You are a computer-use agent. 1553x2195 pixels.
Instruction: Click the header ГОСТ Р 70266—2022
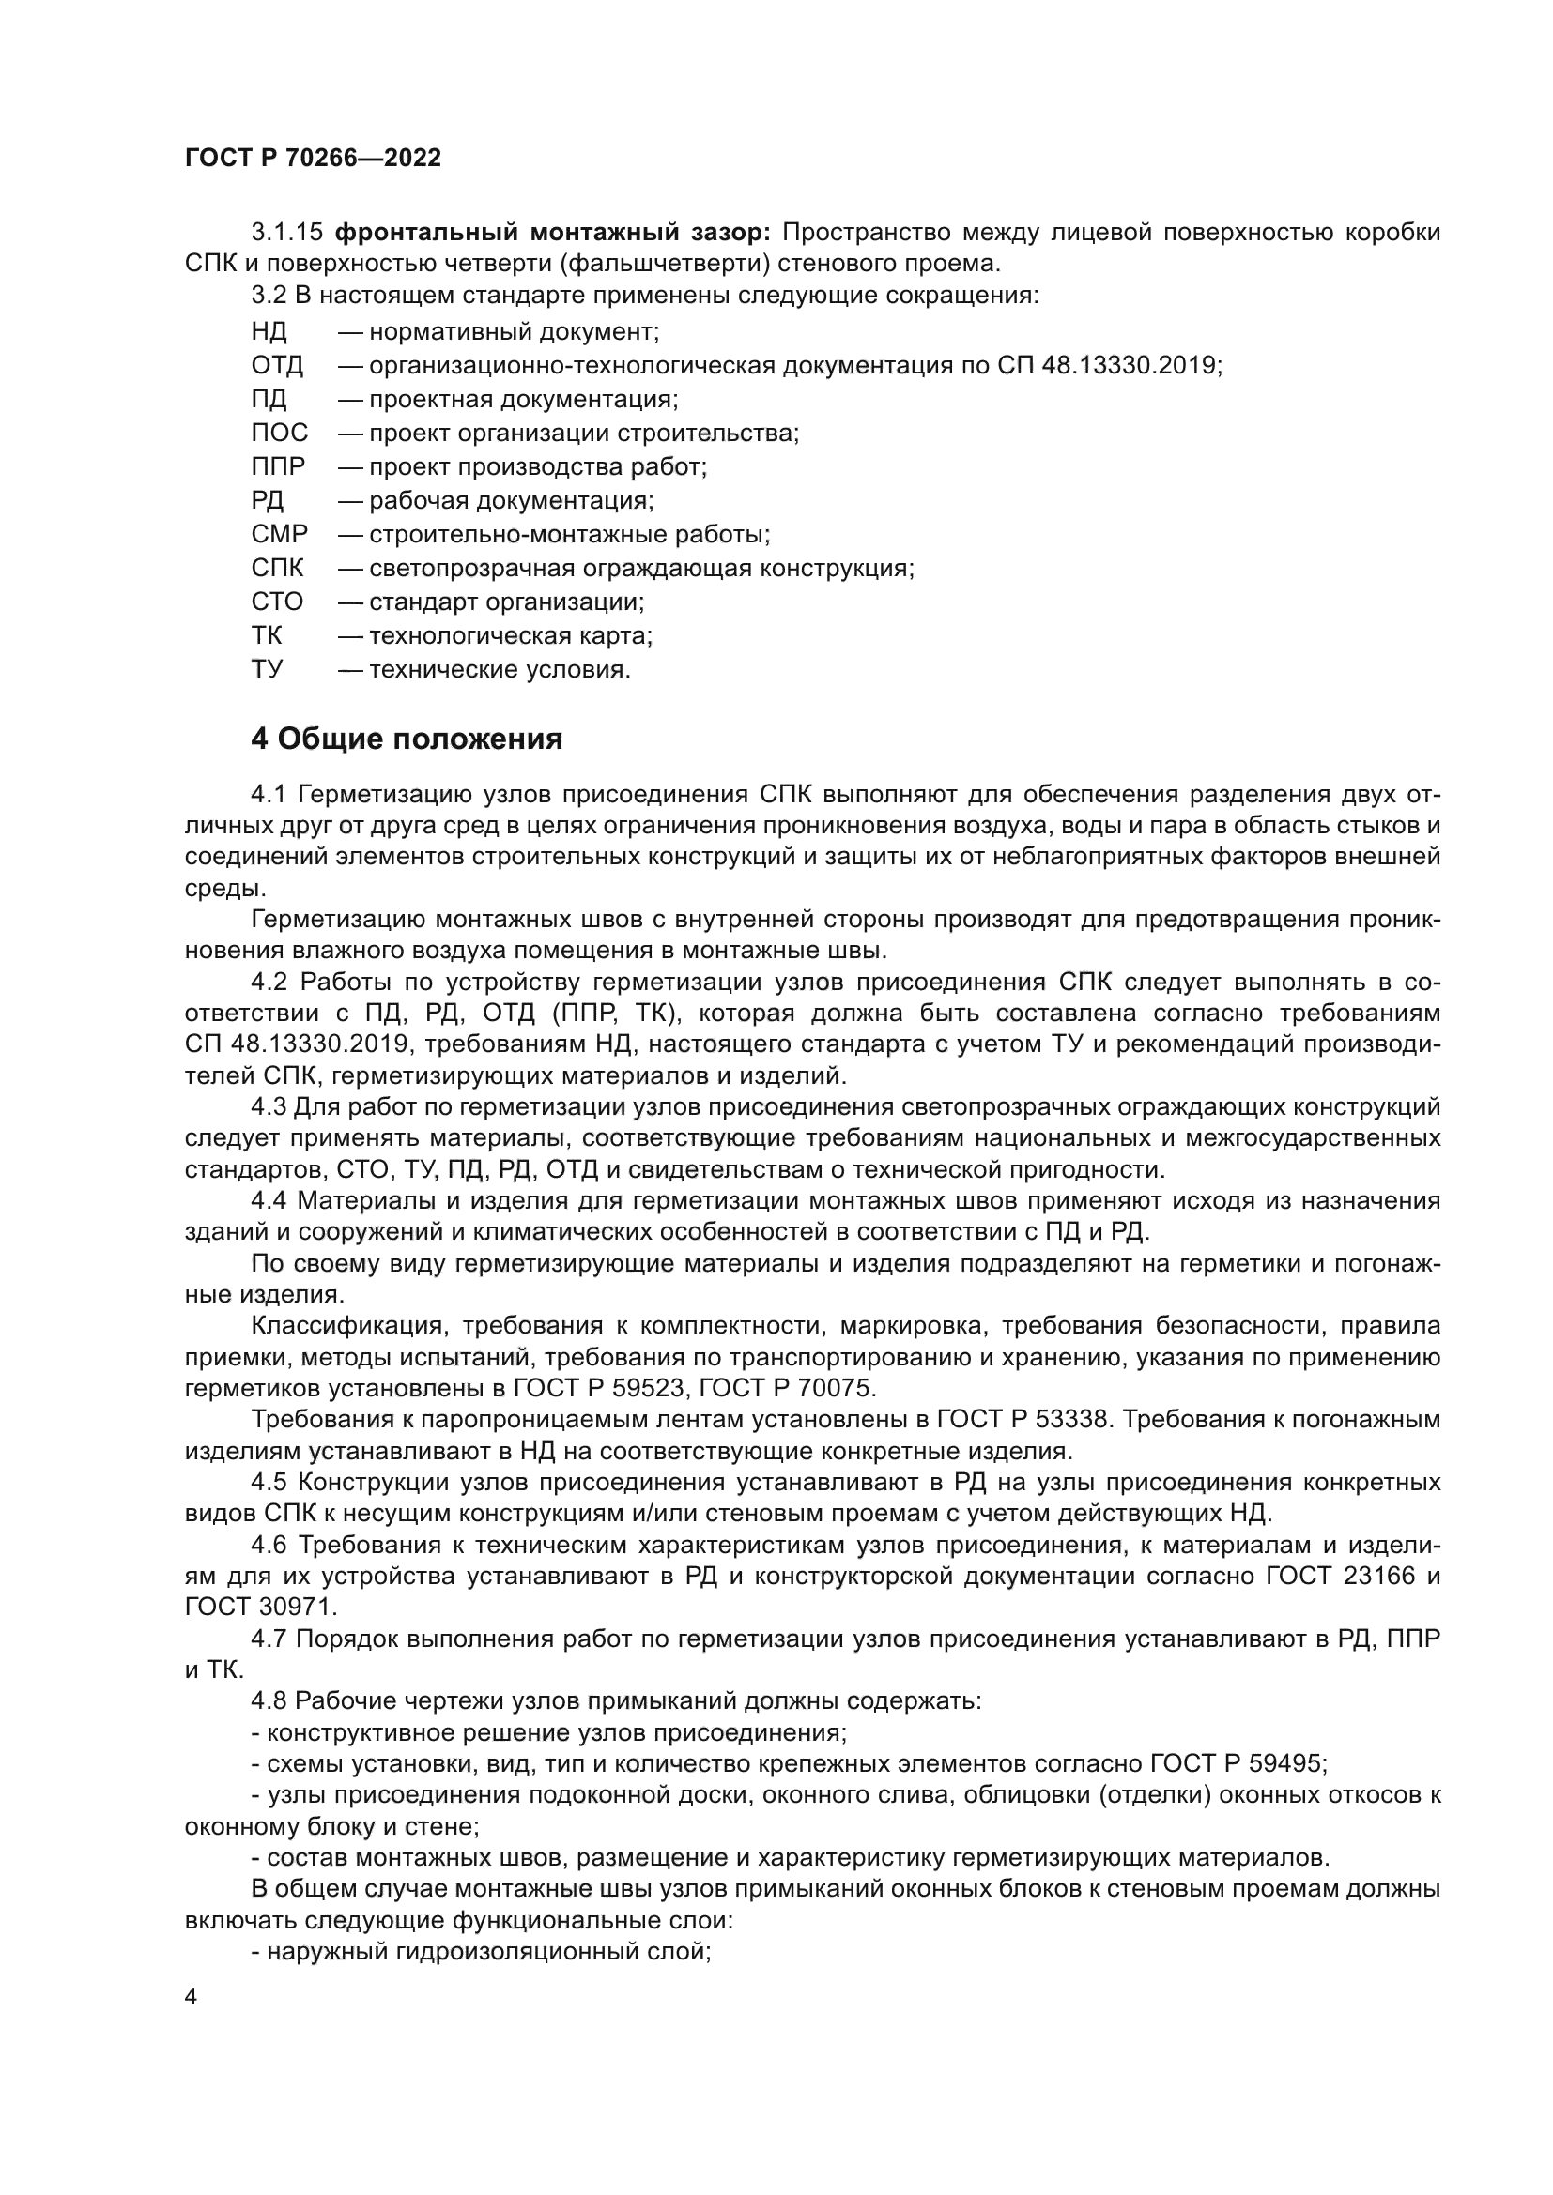[x=313, y=159]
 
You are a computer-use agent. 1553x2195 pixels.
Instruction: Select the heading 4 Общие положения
[x=407, y=739]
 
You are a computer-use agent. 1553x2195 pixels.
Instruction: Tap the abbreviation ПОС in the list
[x=279, y=433]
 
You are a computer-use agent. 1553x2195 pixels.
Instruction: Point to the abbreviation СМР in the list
[x=279, y=534]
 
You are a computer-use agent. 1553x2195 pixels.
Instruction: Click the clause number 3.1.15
[x=288, y=233]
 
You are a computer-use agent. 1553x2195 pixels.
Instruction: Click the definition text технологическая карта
[x=511, y=635]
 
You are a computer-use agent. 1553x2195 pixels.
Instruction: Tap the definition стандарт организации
[x=506, y=602]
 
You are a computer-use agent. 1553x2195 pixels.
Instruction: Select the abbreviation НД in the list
[x=269, y=331]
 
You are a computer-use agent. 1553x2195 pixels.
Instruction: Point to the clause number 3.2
[x=269, y=295]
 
